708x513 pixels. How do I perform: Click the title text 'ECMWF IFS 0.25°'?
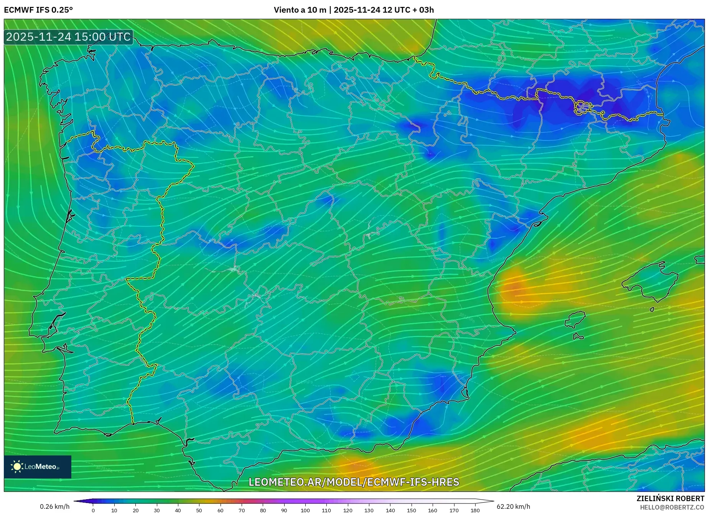38,10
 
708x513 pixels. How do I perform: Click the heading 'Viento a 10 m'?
300,10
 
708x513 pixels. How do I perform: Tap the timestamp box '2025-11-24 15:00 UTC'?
68,37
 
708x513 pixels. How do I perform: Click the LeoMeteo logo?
37,467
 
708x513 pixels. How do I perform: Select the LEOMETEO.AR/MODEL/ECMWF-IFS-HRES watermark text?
354,482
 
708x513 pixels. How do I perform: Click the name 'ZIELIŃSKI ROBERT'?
670,498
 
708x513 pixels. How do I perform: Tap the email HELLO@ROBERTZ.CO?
672,507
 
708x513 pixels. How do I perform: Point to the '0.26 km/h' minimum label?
54,506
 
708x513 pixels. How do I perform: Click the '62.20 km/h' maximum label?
513,506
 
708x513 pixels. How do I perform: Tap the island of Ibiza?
576,319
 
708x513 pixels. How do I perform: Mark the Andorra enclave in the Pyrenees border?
582,108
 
